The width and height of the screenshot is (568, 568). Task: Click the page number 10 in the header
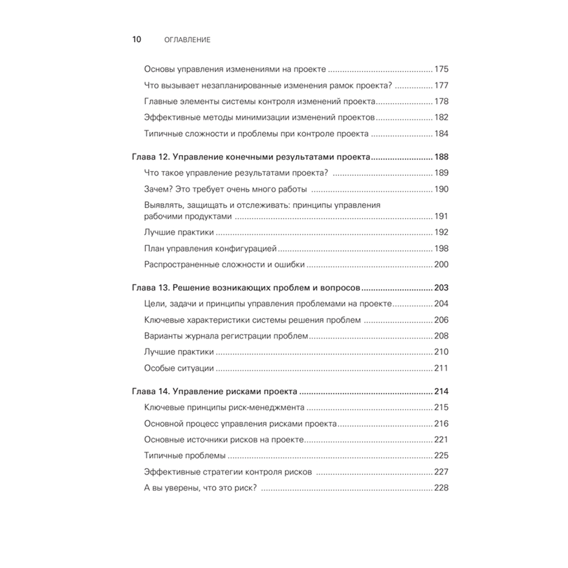(x=136, y=40)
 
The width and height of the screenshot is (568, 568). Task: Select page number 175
(x=441, y=69)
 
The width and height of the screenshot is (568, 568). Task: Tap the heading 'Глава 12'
(x=148, y=157)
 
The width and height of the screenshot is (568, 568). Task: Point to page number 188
(x=441, y=157)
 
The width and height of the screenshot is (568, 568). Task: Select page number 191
(x=441, y=216)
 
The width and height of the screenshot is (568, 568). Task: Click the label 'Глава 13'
(x=148, y=287)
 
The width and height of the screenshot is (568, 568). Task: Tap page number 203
(x=441, y=287)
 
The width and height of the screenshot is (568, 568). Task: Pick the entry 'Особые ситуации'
(x=179, y=368)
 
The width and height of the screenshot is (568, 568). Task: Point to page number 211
(x=441, y=368)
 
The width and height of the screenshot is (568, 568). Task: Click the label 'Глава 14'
(x=148, y=391)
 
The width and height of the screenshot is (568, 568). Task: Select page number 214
(x=441, y=391)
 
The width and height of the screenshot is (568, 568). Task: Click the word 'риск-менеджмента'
(x=270, y=407)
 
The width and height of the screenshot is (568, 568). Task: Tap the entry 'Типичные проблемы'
(x=185, y=456)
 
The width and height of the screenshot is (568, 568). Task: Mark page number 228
(x=441, y=488)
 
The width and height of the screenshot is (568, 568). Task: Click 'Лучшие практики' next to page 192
(x=179, y=232)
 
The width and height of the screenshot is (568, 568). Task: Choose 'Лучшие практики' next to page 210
(x=179, y=352)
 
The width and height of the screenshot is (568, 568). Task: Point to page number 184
(x=441, y=134)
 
